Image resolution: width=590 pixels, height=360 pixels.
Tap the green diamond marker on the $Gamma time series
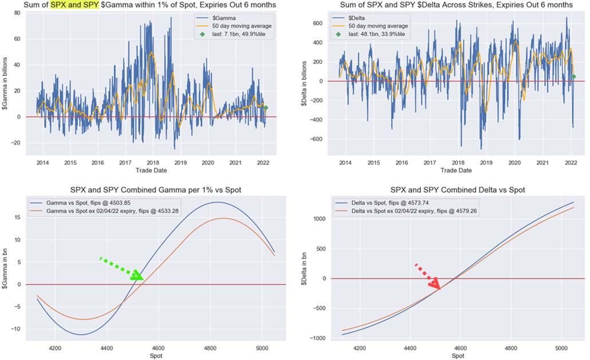tap(265, 108)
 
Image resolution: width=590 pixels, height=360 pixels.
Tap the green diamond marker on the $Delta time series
tap(573, 76)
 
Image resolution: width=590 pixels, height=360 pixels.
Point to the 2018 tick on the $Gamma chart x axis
tap(153, 163)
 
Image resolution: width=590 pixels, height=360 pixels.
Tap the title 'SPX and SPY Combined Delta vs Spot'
tap(457, 190)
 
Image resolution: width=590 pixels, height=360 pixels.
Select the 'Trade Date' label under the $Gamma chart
tap(151, 170)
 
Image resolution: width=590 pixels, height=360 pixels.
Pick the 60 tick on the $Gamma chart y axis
tap(18, 39)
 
